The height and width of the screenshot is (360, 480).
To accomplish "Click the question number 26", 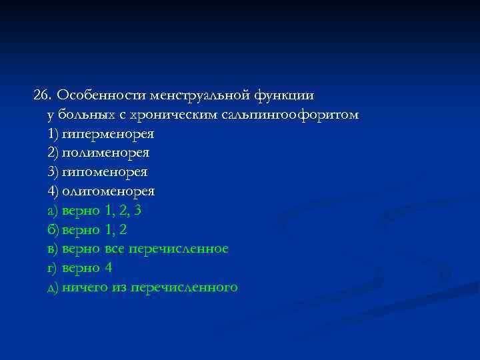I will tap(43, 95).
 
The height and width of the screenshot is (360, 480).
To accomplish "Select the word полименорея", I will tap(106, 153).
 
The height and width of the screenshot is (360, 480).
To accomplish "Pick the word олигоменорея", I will tap(109, 191).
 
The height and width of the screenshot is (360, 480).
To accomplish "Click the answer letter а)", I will tap(52, 211).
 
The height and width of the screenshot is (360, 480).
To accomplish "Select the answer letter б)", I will tap(53, 230).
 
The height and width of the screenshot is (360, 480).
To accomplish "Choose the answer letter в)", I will tap(52, 249).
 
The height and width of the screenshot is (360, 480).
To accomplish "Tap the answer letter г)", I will tap(52, 268).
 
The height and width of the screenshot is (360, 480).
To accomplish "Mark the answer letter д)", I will tap(53, 287).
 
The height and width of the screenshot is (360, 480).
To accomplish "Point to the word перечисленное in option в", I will tap(179, 249).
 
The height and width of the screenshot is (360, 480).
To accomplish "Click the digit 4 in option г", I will tap(109, 268).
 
